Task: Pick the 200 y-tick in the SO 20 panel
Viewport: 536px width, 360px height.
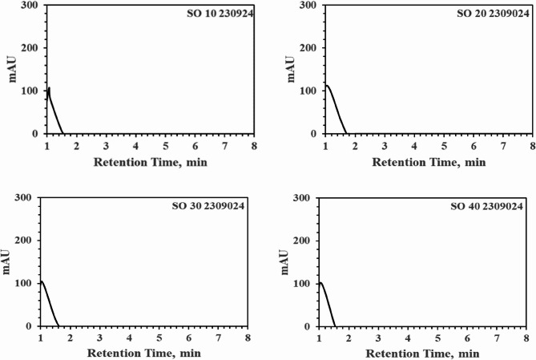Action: (307, 48)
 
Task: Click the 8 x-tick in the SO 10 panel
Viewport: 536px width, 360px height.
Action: (254, 147)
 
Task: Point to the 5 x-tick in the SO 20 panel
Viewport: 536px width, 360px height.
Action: (443, 147)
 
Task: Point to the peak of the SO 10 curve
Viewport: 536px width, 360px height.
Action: (49, 88)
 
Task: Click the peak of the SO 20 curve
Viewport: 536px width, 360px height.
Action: (326, 86)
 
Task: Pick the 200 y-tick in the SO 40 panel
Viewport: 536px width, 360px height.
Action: (304, 241)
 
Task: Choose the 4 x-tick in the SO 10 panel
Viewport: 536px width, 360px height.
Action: (135, 147)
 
